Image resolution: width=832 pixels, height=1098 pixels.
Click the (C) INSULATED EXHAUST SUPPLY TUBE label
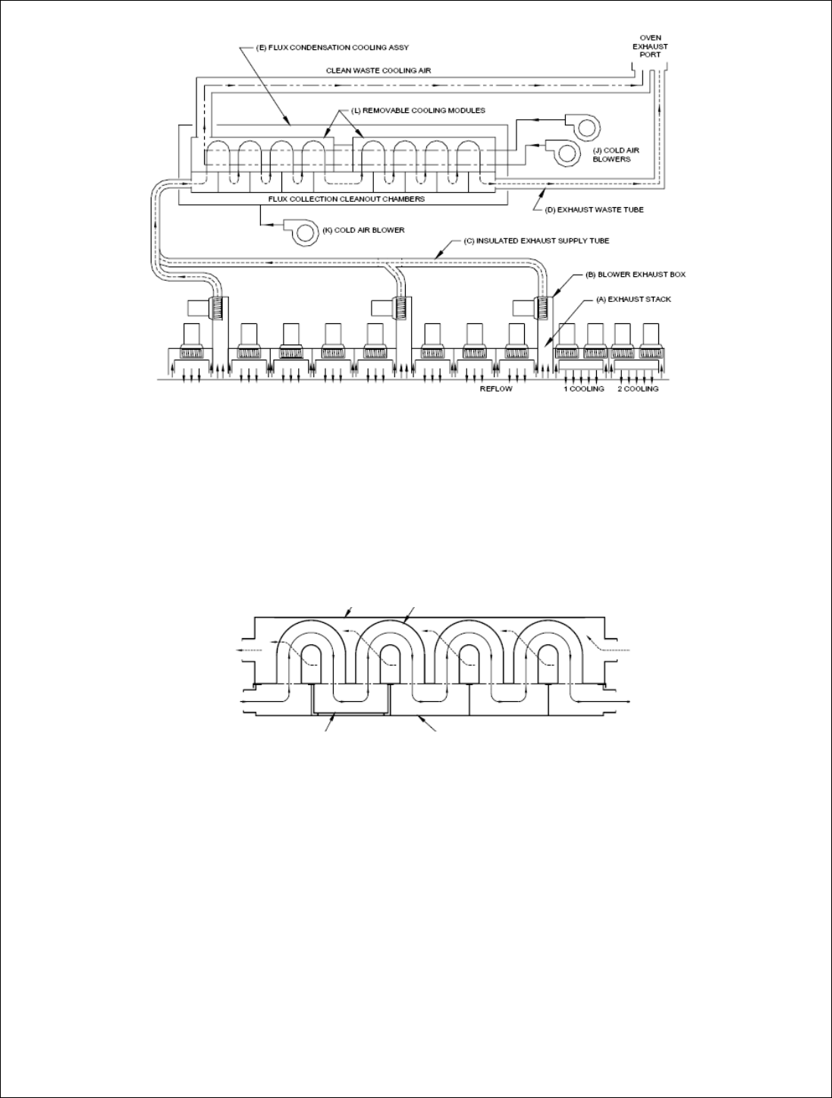coord(536,241)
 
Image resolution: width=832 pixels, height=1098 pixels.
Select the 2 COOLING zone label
coord(636,389)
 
